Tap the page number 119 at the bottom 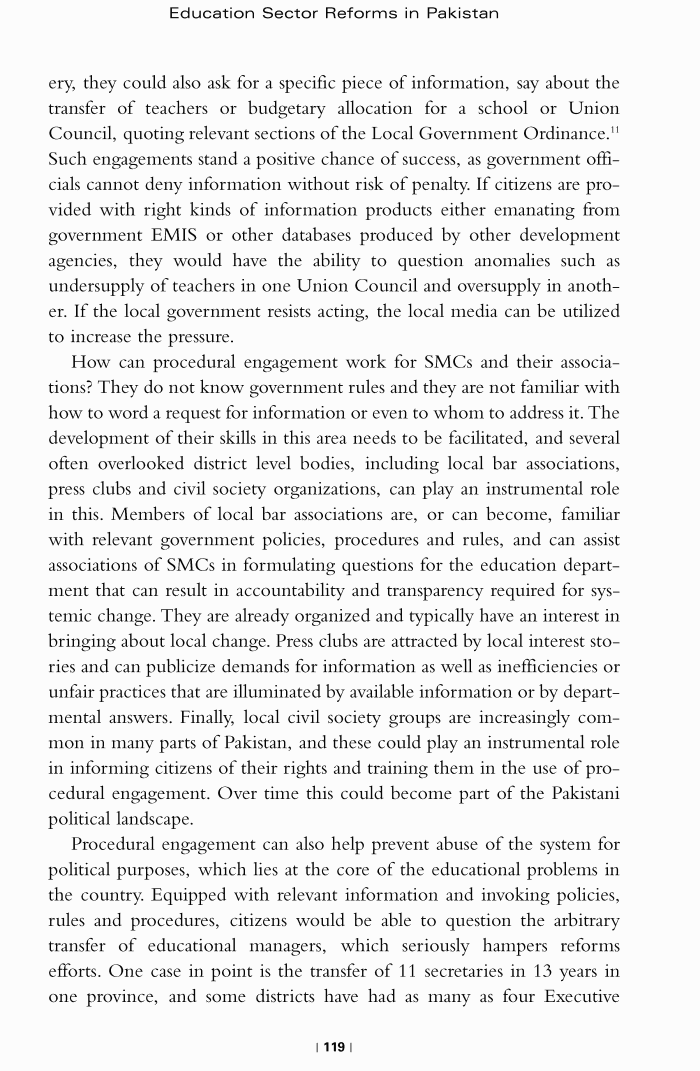[334, 1047]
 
